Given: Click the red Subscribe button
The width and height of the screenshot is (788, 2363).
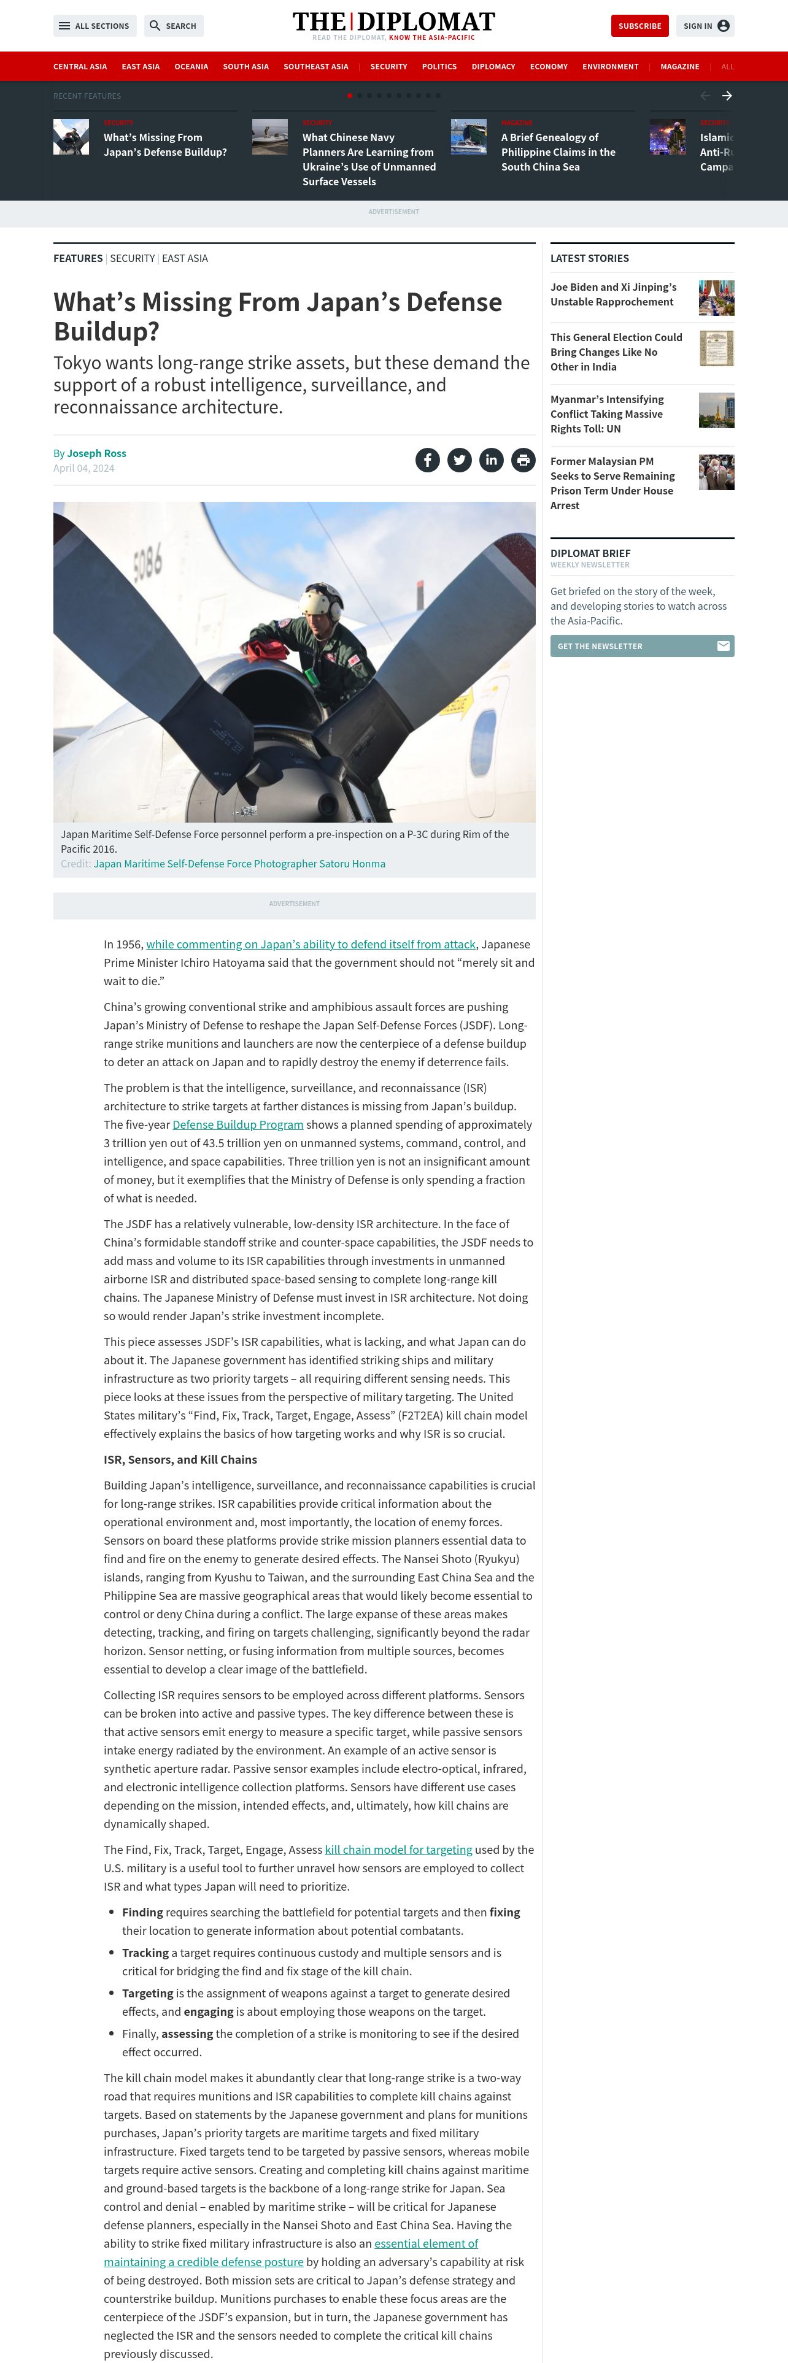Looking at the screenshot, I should click(639, 26).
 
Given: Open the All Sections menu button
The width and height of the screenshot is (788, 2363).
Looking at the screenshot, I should click(95, 26).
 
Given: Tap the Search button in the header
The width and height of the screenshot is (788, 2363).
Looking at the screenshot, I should click(174, 26).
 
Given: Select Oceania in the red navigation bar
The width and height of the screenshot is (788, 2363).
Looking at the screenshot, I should click(191, 67).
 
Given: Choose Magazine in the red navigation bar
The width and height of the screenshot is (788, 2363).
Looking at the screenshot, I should click(679, 67).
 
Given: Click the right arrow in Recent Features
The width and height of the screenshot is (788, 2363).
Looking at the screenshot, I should click(727, 96).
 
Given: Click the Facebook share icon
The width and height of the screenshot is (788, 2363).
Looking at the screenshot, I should click(428, 459).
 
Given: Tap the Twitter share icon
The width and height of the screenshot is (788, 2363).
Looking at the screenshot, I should click(460, 459).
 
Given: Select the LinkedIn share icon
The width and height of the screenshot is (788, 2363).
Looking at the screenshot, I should click(492, 459).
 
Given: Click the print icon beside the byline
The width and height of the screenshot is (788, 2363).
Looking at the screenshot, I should click(523, 459).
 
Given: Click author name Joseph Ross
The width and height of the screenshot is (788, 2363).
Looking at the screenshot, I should click(96, 453).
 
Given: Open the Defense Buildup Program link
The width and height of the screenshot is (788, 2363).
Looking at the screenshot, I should click(238, 1124).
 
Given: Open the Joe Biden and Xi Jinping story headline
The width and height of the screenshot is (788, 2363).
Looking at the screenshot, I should click(613, 294).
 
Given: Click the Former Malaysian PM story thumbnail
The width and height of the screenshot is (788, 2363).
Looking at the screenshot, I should click(716, 472).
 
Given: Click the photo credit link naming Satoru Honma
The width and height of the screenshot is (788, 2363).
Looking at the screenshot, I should click(239, 863).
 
